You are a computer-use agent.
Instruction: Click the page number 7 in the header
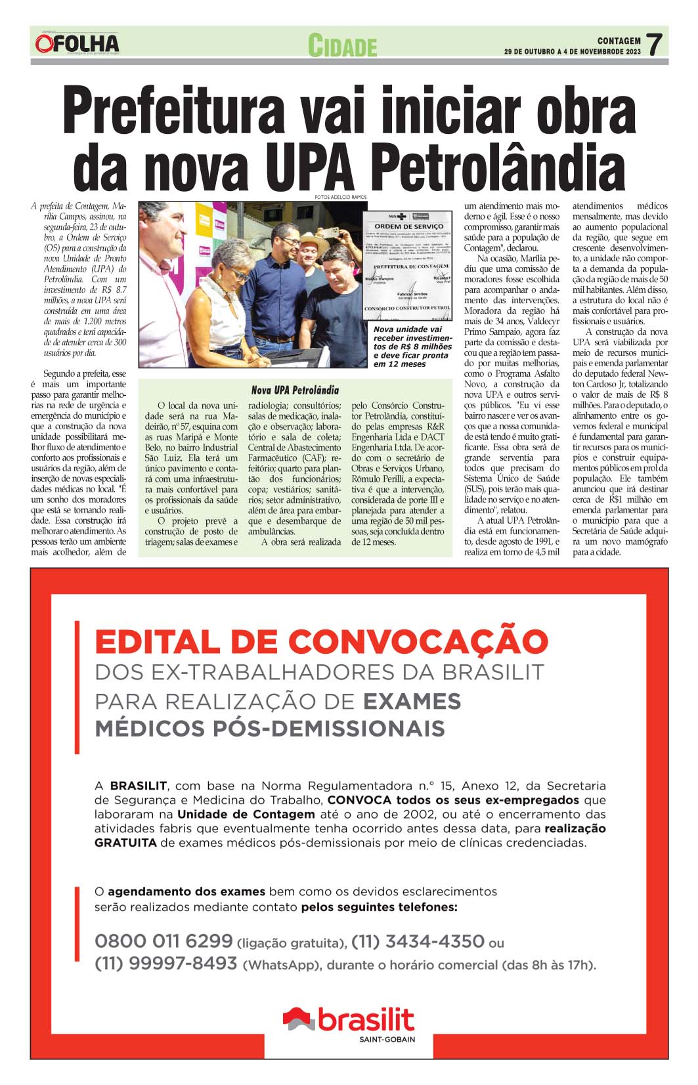[653, 44]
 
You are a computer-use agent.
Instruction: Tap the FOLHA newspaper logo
[77, 44]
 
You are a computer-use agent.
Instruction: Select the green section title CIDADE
[342, 46]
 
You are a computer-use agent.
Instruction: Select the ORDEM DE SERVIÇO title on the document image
[408, 226]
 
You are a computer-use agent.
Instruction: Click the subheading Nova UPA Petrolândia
[295, 390]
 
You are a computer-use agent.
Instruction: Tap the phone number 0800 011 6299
[164, 941]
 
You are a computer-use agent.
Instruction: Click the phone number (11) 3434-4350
[418, 941]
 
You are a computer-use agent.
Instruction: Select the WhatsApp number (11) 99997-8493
[165, 963]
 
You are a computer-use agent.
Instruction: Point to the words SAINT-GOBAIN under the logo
[387, 1039]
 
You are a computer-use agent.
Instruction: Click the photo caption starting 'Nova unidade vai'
[412, 347]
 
